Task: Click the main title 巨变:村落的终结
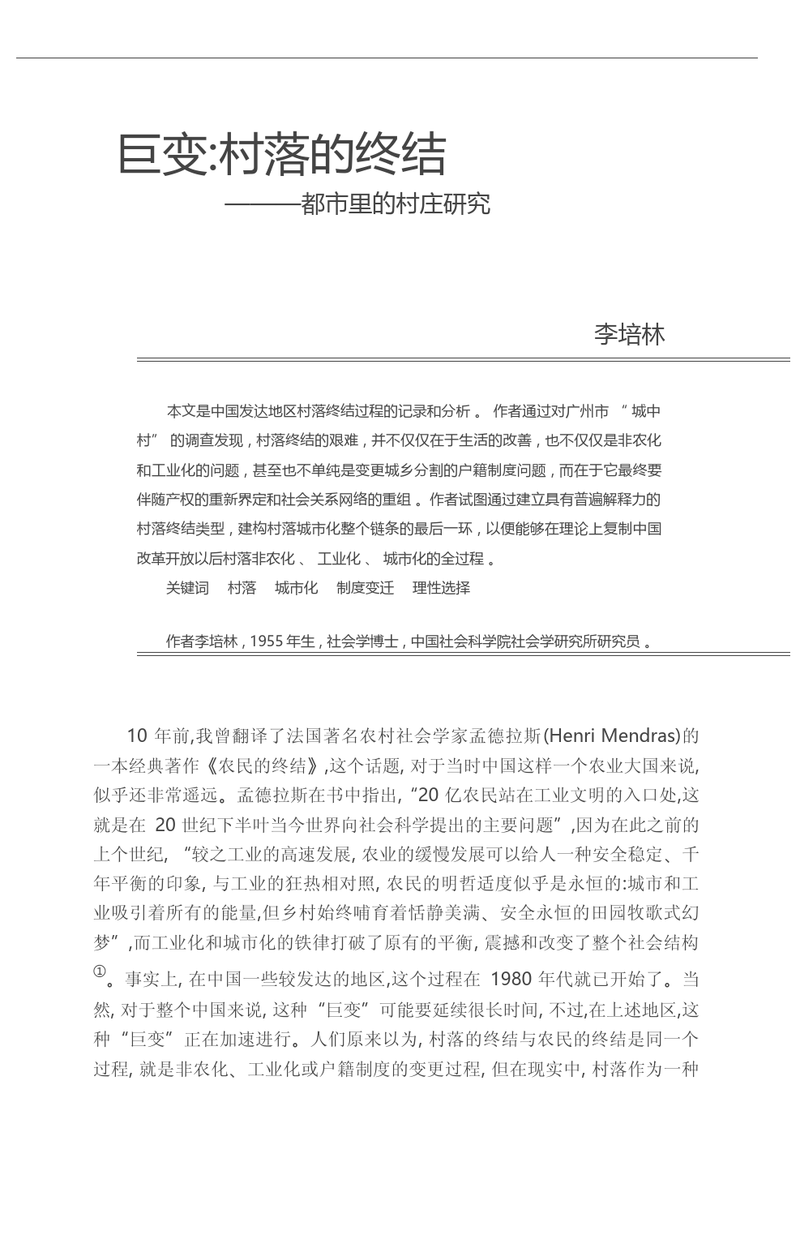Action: pyautogui.click(x=282, y=154)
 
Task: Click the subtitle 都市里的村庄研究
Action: pyautogui.click(x=395, y=204)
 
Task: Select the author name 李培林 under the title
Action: pyautogui.click(x=629, y=334)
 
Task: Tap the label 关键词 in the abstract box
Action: pyautogui.click(x=187, y=588)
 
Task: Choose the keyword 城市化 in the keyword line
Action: pyautogui.click(x=296, y=588)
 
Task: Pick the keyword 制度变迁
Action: pyautogui.click(x=365, y=588)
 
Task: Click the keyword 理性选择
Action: pyautogui.click(x=441, y=588)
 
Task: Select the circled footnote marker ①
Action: pyautogui.click(x=99, y=971)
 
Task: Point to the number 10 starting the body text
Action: pyautogui.click(x=136, y=736)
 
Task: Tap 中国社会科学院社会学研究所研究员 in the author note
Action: pyautogui.click(x=525, y=641)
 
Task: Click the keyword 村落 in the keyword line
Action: pyautogui.click(x=242, y=588)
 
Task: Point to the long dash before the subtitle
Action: pyautogui.click(x=261, y=204)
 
